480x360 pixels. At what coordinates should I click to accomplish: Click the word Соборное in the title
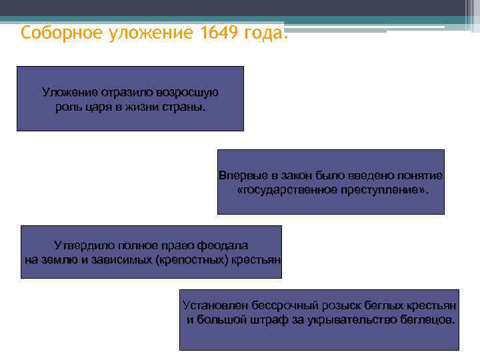59,33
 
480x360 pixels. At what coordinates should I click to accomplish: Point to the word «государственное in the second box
283,190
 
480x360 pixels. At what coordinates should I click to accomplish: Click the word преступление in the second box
378,190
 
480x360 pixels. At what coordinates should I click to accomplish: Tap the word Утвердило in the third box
83,245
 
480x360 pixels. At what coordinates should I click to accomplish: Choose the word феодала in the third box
223,245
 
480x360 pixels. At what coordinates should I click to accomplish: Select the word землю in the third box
59,259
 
